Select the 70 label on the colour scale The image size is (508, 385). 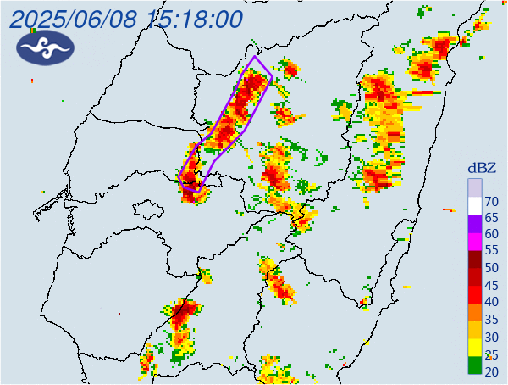492,202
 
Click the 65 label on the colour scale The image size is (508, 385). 492,219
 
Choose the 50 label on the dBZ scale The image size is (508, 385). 492,268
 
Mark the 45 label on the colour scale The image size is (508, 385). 492,285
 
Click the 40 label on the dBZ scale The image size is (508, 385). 492,302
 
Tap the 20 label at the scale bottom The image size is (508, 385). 492,372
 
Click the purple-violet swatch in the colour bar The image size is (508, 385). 475,225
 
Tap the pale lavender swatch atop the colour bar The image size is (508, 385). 475,187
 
